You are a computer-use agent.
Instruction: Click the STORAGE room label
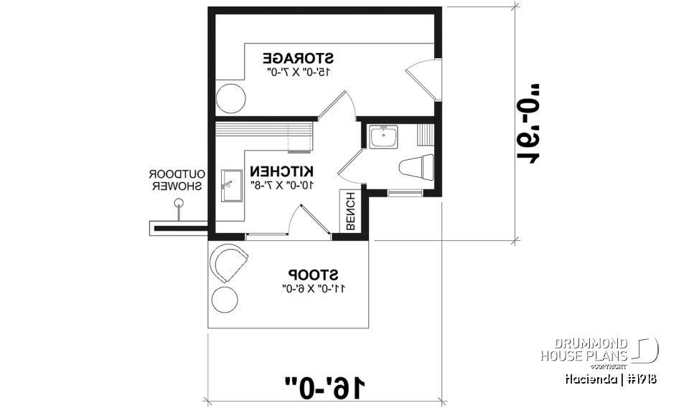(299, 57)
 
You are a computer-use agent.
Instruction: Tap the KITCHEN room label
(281, 171)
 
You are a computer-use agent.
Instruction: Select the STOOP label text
(314, 274)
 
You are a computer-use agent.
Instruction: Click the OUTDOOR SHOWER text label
(177, 179)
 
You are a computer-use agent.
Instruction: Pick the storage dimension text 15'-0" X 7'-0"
(299, 72)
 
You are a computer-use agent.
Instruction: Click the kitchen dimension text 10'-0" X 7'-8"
(281, 184)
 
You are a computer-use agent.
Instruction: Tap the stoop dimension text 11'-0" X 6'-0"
(314, 288)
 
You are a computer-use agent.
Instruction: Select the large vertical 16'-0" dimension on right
(530, 123)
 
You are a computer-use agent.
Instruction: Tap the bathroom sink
(383, 137)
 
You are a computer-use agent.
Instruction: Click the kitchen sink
(231, 186)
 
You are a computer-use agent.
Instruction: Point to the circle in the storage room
(231, 98)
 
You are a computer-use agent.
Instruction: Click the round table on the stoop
(225, 298)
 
